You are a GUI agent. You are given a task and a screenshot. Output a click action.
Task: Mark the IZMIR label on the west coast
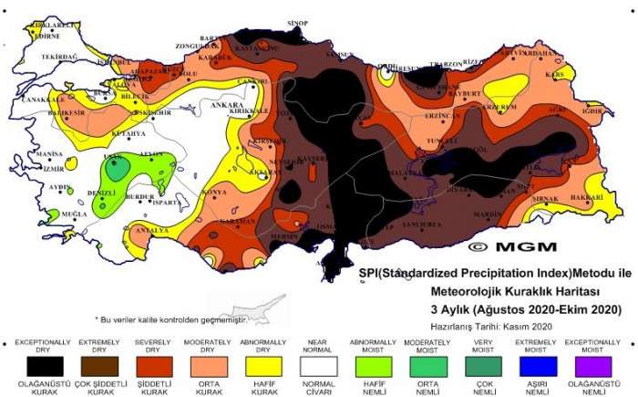pyautogui.click(x=53, y=169)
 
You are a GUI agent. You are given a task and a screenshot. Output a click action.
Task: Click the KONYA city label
pyautogui.click(x=215, y=192)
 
